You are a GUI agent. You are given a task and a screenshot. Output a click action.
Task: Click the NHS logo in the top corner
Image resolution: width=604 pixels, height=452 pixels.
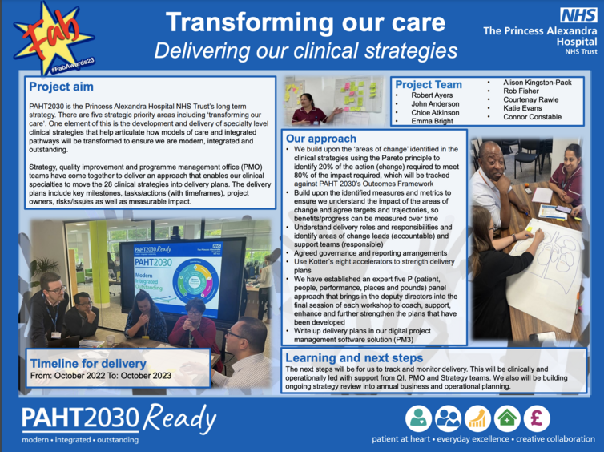point(578,16)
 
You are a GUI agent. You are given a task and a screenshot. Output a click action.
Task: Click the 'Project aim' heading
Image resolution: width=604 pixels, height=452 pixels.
point(61,87)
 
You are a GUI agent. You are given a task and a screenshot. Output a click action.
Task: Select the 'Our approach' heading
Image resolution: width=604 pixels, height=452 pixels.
point(321,139)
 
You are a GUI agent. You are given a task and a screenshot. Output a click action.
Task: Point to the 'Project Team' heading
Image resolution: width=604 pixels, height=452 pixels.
point(429,84)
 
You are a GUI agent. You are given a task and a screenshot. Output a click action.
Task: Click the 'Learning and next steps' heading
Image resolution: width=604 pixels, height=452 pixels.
point(354,358)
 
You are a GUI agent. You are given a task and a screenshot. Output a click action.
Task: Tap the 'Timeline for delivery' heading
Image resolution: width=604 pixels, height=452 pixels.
point(88,363)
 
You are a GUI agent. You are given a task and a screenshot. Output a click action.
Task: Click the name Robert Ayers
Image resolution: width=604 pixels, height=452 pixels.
point(432,95)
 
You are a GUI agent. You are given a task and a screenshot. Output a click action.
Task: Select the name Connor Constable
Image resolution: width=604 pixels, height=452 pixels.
point(532,117)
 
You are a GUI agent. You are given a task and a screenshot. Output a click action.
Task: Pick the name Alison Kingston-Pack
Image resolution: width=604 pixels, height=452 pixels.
point(537,83)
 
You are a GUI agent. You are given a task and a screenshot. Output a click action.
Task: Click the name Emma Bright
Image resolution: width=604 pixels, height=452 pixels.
point(432,121)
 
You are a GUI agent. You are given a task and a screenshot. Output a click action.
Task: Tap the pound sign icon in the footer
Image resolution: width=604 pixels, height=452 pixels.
point(537,418)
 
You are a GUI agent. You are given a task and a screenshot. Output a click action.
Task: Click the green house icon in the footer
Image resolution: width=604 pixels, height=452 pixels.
point(507,418)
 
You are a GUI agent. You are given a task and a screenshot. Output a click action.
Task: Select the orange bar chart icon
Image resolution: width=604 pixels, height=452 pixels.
point(477,418)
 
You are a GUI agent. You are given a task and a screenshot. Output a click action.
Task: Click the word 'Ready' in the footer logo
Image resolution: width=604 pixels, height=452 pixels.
point(179,419)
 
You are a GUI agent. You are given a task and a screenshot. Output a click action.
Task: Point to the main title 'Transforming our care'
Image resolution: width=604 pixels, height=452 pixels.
point(305,22)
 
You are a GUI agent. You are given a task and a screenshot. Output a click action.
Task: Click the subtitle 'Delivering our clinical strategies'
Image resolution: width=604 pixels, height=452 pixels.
point(305,50)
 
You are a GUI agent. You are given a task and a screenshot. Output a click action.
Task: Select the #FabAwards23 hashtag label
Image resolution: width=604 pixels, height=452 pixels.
point(73,65)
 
